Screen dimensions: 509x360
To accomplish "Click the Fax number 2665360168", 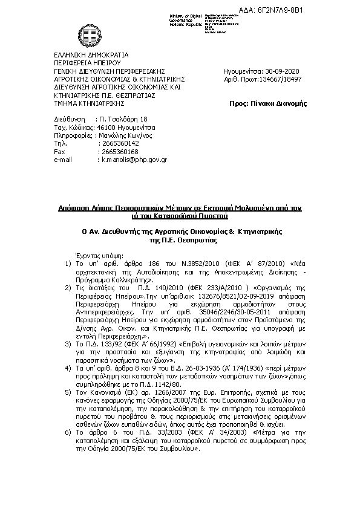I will pyautogui.click(x=120, y=152).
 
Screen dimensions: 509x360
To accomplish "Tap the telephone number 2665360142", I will pyautogui.click(x=120, y=144).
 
